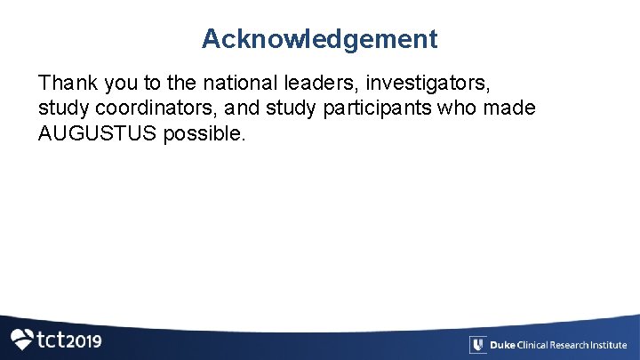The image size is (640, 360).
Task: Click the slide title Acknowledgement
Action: [319, 39]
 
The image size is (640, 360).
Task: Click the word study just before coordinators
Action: [60, 109]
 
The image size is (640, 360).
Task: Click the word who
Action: [452, 109]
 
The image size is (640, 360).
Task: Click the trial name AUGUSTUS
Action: [98, 134]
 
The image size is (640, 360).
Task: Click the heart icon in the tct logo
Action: [22, 339]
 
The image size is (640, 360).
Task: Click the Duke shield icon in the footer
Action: [477, 345]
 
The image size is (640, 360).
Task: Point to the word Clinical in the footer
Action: [533, 345]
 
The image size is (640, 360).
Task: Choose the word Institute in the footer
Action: [612, 345]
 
